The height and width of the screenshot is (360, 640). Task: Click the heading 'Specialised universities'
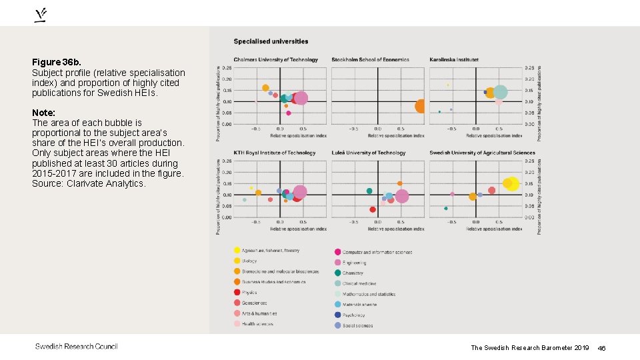(271, 41)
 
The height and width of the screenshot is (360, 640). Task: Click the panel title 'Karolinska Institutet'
(454, 60)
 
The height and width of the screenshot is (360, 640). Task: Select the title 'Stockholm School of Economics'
(370, 60)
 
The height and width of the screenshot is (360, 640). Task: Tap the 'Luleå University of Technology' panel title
(368, 153)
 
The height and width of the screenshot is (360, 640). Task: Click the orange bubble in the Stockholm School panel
(421, 106)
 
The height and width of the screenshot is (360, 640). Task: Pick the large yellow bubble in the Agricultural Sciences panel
(512, 183)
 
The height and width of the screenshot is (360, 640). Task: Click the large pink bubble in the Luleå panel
(401, 196)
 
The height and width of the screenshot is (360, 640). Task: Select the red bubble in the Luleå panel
(373, 209)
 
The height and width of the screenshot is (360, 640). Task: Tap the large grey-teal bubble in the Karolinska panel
(501, 92)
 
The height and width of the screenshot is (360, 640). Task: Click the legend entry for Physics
(249, 292)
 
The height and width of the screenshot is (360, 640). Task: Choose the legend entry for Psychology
(353, 315)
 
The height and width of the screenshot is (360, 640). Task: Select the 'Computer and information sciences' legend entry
(377, 252)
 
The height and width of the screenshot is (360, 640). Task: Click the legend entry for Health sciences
(257, 324)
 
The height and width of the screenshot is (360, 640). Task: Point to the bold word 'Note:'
(43, 113)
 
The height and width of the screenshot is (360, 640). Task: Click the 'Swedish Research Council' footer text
(76, 346)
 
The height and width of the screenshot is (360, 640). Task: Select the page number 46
(601, 348)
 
